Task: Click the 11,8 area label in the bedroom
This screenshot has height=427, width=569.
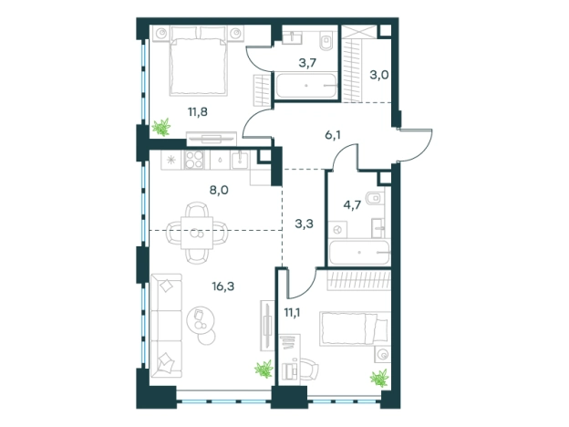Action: click(198, 112)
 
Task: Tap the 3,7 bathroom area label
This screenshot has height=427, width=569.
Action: click(307, 63)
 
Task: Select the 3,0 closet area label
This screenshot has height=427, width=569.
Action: click(378, 75)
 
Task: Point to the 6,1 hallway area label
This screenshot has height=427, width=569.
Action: click(333, 135)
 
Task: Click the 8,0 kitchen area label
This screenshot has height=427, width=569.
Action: click(219, 190)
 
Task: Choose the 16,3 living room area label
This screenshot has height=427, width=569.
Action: click(223, 286)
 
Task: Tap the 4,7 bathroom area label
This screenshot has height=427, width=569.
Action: click(352, 205)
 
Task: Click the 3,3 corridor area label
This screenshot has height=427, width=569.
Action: click(304, 224)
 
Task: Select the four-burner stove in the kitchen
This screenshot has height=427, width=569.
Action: click(194, 161)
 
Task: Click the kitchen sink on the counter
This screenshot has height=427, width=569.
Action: click(240, 161)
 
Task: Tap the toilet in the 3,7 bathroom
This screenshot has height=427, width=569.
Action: click(326, 40)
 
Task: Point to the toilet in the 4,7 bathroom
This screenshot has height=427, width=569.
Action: click(374, 198)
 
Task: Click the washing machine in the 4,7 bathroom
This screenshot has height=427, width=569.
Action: click(337, 230)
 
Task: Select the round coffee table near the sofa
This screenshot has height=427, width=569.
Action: click(201, 320)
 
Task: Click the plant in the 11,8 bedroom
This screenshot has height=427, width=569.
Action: click(161, 127)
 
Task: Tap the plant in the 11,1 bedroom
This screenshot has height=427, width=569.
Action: click(379, 378)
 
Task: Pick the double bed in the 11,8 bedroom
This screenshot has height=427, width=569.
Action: click(198, 61)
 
